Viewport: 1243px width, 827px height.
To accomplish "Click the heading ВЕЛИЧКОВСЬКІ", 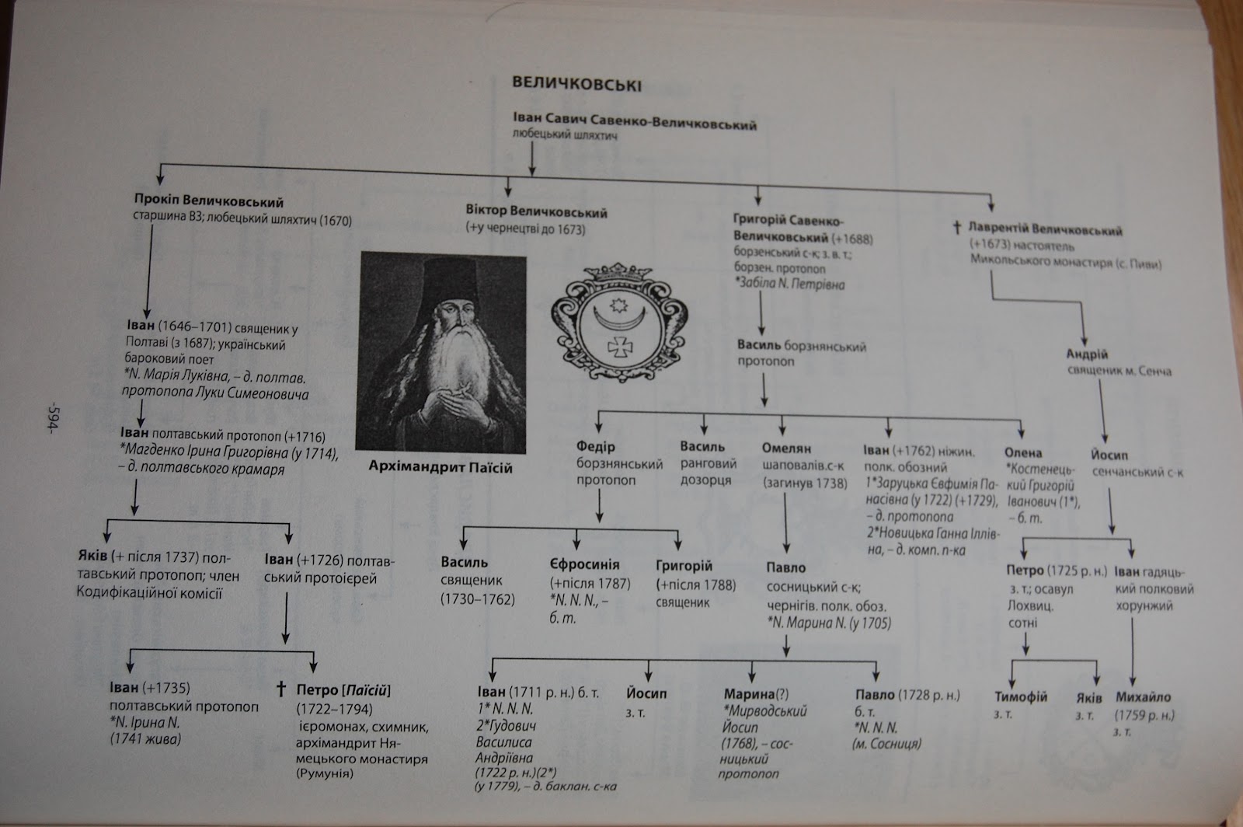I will coord(575,84).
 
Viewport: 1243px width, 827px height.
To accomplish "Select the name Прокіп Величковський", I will coord(208,203).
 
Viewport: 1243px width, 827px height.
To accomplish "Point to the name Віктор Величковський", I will coord(536,212).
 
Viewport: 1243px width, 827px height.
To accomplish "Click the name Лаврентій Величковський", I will coord(1045,231).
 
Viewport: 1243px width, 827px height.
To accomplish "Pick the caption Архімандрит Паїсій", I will coord(441,468).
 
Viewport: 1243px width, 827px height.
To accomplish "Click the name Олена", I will coord(1022,452).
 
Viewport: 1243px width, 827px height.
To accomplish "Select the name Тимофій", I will coord(1021,696).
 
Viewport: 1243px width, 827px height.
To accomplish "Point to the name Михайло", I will coord(1143,697).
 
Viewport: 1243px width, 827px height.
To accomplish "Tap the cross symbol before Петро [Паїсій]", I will coord(281,689).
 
